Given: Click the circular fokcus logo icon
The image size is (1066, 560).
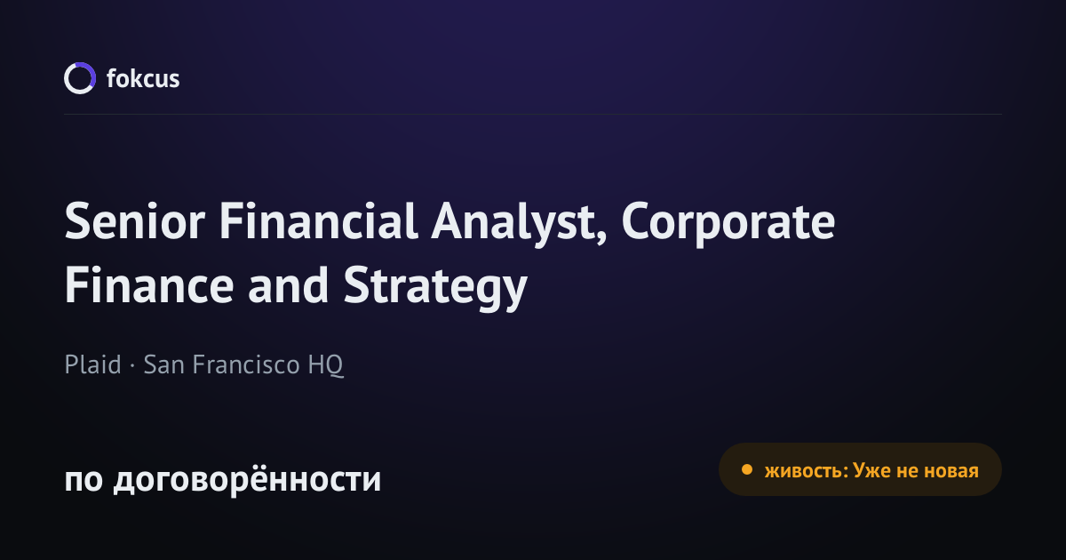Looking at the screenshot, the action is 80,78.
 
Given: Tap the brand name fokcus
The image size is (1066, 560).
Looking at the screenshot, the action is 143,78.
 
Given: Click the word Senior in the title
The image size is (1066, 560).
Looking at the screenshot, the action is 135,221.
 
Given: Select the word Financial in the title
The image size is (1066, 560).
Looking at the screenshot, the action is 318,220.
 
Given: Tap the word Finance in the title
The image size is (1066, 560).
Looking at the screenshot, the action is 149,284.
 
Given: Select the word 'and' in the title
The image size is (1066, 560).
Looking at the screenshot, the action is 289,284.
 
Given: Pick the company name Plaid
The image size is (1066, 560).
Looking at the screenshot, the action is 92,364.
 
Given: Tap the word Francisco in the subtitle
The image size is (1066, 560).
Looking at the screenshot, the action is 246,364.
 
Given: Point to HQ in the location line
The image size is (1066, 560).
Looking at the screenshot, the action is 325,365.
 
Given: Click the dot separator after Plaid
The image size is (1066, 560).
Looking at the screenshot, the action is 132,365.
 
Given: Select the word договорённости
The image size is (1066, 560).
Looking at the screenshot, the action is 248,479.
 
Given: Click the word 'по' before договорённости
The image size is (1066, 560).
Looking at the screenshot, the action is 84,480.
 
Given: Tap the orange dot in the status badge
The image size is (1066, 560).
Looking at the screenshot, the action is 747,469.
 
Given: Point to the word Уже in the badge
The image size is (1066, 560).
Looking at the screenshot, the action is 871,470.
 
